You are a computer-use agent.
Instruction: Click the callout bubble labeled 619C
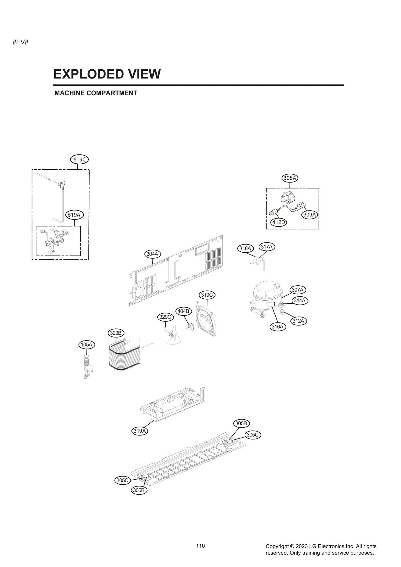coord(79,159)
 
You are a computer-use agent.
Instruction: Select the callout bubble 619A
coord(74,215)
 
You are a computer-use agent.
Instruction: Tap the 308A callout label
coord(290,178)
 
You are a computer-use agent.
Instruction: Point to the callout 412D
coord(279,222)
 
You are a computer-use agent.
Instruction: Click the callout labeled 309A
coord(309,215)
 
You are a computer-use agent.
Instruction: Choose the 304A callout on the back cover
coord(152,254)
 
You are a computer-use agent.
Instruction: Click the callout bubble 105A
coord(86,345)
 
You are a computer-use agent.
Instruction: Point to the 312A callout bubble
coord(298,321)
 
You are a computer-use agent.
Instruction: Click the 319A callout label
coord(140,431)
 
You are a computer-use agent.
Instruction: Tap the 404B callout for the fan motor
coord(183,311)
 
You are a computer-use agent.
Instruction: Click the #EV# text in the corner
coord(21,42)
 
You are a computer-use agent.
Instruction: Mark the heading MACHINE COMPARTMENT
coord(96,93)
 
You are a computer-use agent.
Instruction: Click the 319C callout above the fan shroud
coord(207,295)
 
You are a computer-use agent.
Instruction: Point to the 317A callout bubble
coord(267,247)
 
